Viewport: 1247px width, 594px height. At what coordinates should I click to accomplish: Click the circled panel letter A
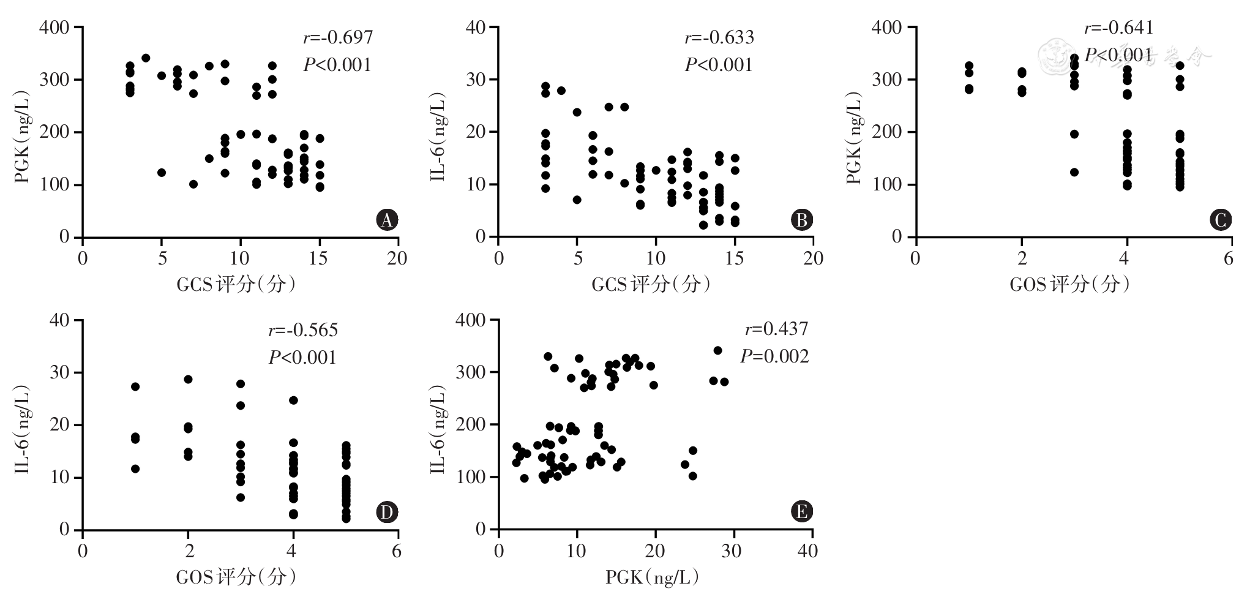[x=386, y=220]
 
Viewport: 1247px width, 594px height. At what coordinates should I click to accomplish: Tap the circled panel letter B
[x=801, y=220]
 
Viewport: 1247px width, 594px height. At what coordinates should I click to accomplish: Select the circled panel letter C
[x=1221, y=220]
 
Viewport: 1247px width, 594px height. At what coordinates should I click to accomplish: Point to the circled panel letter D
[x=386, y=512]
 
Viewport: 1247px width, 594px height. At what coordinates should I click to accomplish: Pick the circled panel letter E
[x=801, y=512]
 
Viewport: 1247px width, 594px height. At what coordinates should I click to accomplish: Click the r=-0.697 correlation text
[x=338, y=37]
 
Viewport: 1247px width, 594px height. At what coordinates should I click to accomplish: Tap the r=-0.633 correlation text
[x=719, y=37]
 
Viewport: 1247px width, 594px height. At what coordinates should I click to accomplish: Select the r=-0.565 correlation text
[x=303, y=330]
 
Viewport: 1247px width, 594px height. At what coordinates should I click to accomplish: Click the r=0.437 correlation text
[x=776, y=329]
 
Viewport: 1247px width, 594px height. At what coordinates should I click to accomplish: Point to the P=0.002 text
[x=774, y=356]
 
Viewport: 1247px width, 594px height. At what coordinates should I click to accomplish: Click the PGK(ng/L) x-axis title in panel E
[x=653, y=577]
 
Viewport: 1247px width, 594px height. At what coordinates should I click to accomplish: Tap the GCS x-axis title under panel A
[x=236, y=284]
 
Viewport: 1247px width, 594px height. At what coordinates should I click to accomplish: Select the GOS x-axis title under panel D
[x=236, y=577]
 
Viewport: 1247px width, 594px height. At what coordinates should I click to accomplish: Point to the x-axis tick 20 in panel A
[x=397, y=258]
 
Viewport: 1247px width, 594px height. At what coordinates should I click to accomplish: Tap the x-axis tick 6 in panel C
[x=1228, y=258]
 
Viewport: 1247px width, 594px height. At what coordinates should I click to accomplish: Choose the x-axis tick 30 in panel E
[x=732, y=551]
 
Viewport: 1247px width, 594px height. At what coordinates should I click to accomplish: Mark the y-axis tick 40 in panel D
[x=60, y=320]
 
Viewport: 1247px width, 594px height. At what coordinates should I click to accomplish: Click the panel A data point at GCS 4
[x=146, y=58]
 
